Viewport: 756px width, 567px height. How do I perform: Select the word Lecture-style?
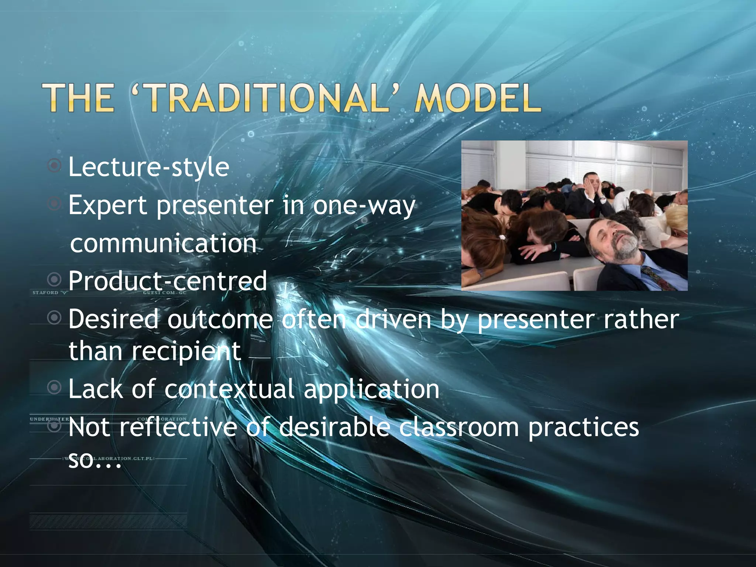coord(149,167)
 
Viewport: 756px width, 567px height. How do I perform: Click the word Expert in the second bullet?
coord(108,206)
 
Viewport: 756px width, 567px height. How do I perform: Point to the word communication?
coord(163,244)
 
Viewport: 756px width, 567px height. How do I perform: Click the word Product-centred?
coord(168,281)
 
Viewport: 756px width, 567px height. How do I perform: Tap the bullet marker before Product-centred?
coord(54,279)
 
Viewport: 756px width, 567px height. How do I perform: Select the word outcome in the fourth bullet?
coord(220,319)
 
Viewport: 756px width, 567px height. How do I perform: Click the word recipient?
coord(186,351)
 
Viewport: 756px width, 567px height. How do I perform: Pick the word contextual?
coord(229,389)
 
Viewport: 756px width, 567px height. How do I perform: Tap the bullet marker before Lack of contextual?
coord(54,387)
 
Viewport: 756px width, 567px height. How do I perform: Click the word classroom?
coord(459,427)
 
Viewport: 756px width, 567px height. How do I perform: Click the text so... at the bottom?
coord(94,461)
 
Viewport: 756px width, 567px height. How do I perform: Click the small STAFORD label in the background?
coord(45,293)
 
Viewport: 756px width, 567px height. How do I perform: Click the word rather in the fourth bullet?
coord(641,319)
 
